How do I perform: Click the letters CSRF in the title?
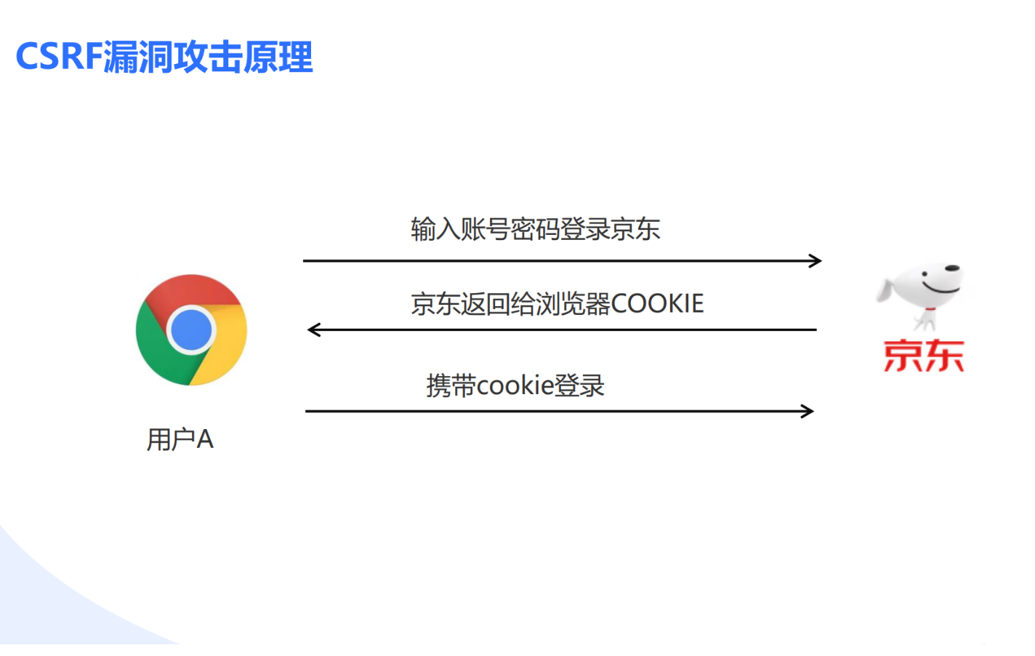point(59,57)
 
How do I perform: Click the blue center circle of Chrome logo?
point(191,330)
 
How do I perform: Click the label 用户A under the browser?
point(180,439)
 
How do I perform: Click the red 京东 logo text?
point(924,356)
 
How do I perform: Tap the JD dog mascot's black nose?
point(952,268)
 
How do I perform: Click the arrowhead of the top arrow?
point(815,261)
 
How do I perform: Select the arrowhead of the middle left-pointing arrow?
point(314,329)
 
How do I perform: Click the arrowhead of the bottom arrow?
point(808,411)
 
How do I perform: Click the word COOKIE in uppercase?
point(657,304)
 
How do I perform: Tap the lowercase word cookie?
point(515,385)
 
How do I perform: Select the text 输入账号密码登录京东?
point(536,229)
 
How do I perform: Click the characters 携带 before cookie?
point(451,385)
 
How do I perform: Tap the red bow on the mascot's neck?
point(930,309)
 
